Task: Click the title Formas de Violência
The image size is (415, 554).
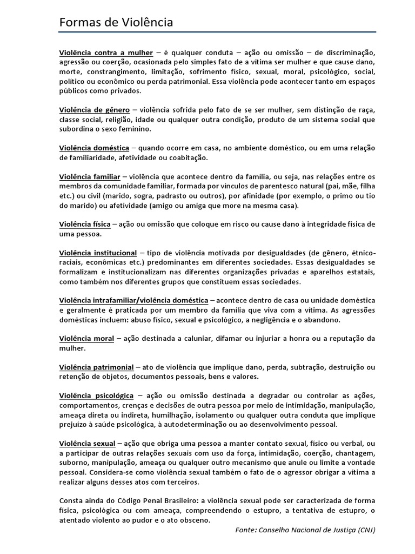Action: tap(116, 22)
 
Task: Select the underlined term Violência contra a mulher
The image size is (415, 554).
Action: tap(106, 52)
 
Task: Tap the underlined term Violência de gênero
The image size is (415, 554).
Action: tap(94, 110)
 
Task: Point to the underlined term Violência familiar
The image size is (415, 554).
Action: tap(89, 177)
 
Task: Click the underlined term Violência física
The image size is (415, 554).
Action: tap(85, 224)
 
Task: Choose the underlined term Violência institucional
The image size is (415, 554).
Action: tap(98, 253)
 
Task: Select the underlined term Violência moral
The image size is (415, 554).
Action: tap(86, 339)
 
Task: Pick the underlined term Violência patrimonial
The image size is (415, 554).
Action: tap(96, 367)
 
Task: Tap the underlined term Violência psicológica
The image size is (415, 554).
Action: tap(96, 396)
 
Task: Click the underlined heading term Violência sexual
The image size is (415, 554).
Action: tap(86, 443)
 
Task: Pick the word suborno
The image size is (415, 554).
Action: tap(74, 463)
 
